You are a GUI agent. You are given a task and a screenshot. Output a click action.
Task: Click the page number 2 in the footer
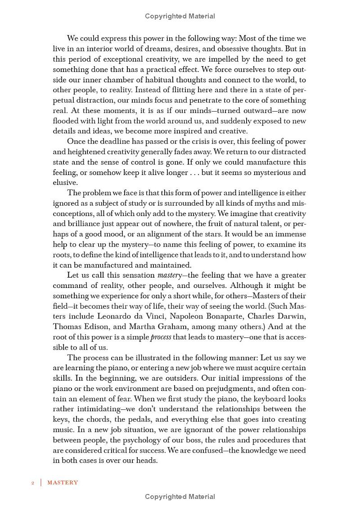tap(33, 482)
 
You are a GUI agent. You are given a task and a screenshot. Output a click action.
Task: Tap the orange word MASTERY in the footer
tap(63, 482)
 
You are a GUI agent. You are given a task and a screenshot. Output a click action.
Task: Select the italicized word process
tap(161, 337)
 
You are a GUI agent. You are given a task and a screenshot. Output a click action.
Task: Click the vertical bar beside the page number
tap(41, 482)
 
